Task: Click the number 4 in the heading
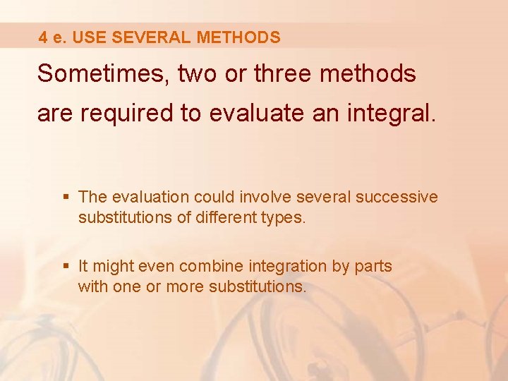43,38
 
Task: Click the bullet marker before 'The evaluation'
67,197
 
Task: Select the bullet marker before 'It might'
67,267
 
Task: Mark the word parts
370,267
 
